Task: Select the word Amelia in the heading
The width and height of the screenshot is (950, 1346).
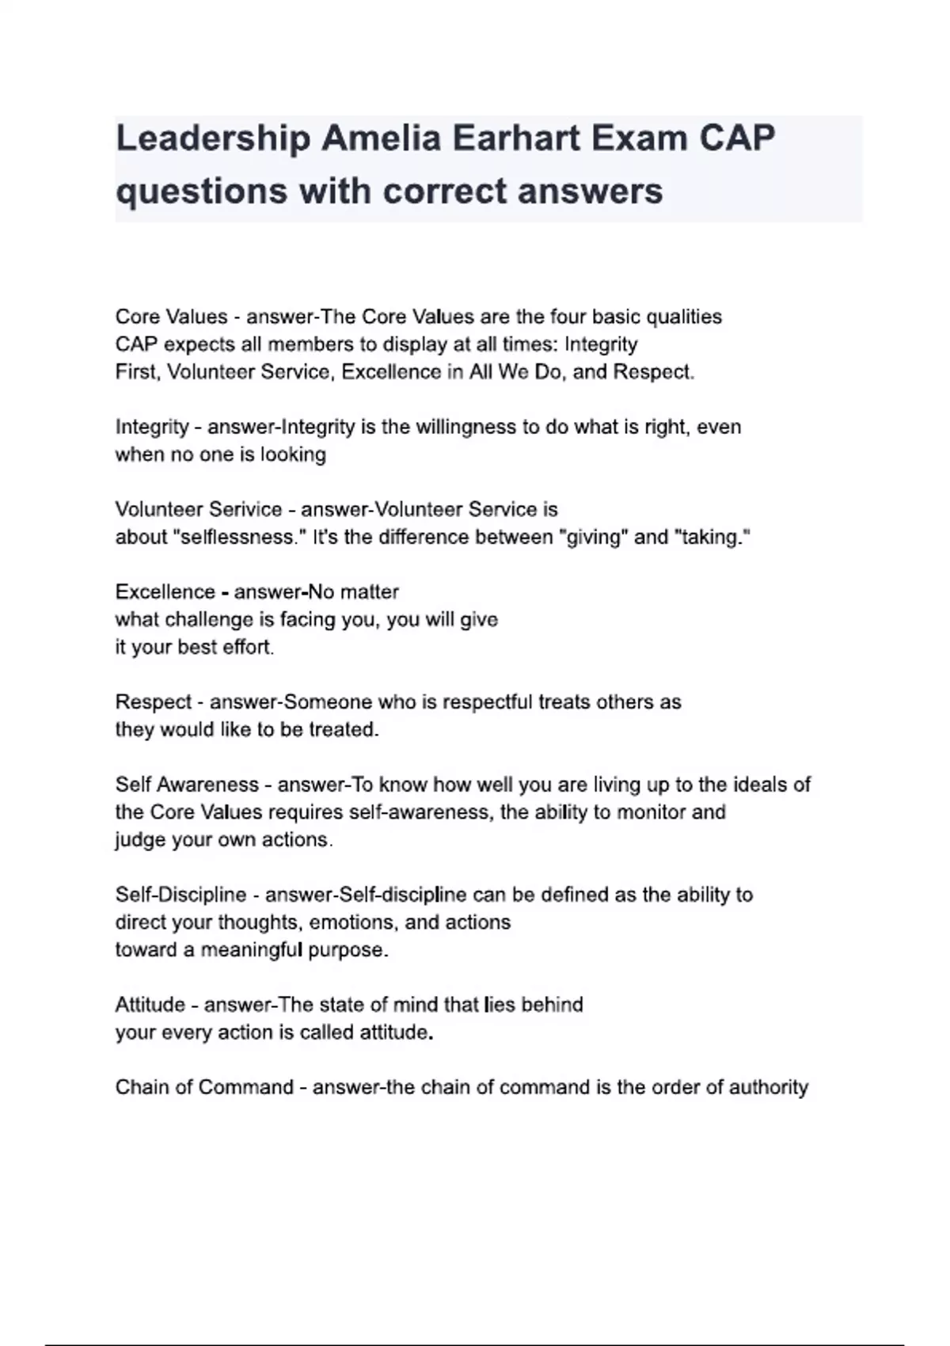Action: click(381, 139)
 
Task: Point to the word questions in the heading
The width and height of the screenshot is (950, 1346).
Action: click(201, 191)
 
